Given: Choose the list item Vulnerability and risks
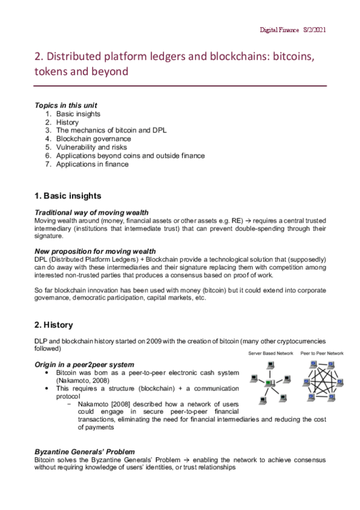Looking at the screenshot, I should click(x=92, y=147).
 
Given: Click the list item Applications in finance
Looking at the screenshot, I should click(x=92, y=164).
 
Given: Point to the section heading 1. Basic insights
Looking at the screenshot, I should click(x=67, y=196).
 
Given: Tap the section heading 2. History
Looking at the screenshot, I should click(x=53, y=325).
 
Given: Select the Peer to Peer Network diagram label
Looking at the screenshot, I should click(x=322, y=353).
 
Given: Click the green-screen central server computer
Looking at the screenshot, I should click(x=271, y=383).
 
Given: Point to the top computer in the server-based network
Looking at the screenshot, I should click(x=271, y=365).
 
